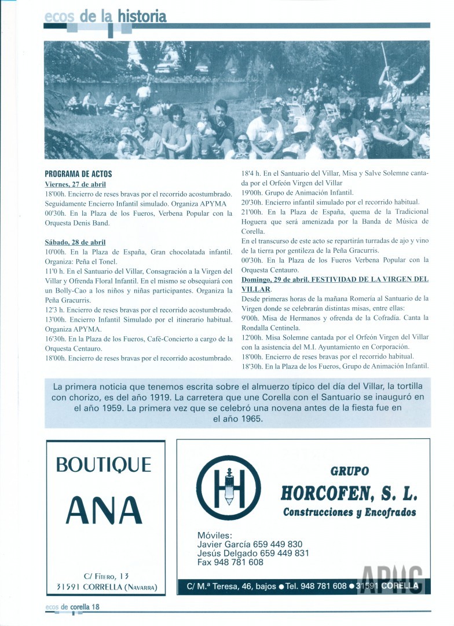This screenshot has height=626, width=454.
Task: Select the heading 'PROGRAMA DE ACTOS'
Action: [78, 174]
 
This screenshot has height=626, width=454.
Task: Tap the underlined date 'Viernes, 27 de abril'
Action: [75, 184]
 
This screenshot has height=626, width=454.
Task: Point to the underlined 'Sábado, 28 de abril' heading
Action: [75, 242]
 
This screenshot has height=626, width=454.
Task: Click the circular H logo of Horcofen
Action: [228, 487]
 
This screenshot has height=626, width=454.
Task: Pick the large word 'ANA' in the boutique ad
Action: [104, 511]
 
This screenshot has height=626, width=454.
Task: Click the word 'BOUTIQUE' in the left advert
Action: [104, 465]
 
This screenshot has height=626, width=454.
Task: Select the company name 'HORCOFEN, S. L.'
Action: [349, 493]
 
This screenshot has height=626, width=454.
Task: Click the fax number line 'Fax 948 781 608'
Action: [230, 562]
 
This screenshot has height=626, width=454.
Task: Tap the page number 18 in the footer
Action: [96, 606]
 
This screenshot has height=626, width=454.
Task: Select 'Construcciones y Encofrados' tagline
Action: [349, 512]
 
